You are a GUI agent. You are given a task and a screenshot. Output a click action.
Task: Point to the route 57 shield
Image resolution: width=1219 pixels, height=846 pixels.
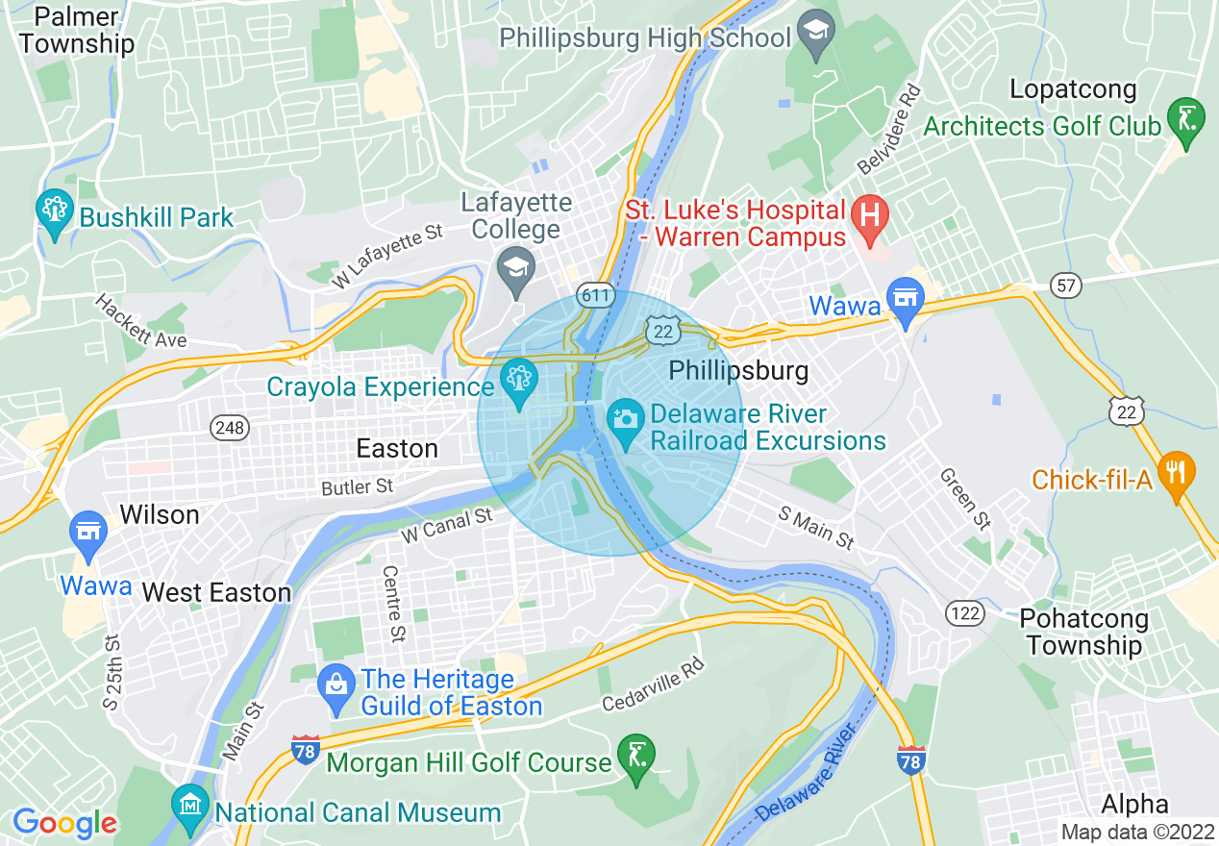click(1067, 286)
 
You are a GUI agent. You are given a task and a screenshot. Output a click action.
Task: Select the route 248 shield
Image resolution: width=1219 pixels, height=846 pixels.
click(231, 427)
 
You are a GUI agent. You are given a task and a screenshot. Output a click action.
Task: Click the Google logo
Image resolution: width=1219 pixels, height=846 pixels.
click(63, 823)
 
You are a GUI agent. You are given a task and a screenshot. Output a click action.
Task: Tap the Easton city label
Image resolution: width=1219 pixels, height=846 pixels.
click(397, 449)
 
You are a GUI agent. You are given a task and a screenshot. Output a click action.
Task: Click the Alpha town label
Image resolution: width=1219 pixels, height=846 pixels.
click(1134, 804)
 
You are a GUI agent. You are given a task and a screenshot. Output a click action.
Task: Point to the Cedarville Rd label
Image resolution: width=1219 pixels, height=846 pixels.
click(653, 685)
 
